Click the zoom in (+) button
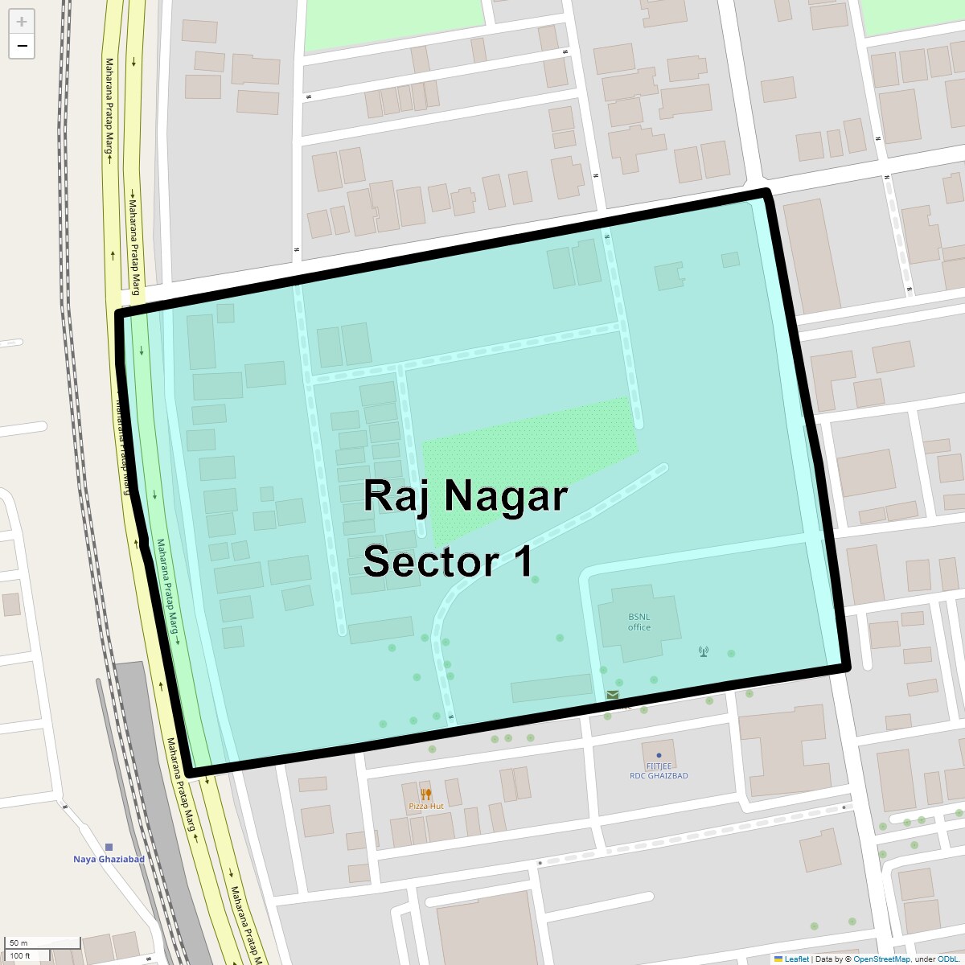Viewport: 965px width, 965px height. pyautogui.click(x=22, y=22)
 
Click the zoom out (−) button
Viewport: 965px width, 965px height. pyautogui.click(x=22, y=46)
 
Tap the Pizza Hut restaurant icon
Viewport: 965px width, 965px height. pyautogui.click(x=426, y=794)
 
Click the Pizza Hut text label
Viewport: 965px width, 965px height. pyautogui.click(x=426, y=806)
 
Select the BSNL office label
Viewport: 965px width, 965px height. pyautogui.click(x=639, y=622)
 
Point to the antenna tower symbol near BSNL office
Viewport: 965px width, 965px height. pyautogui.click(x=704, y=651)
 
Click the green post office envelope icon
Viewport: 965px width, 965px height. pyautogui.click(x=613, y=695)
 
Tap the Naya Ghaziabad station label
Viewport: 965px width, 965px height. pyautogui.click(x=109, y=859)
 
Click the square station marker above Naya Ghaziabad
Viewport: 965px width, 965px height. pyautogui.click(x=109, y=847)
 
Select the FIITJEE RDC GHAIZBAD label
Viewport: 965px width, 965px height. pyautogui.click(x=659, y=771)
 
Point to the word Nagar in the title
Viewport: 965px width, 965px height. pyautogui.click(x=506, y=496)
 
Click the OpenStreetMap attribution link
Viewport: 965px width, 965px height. pyautogui.click(x=881, y=959)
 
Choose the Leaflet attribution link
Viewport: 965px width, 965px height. pyautogui.click(x=796, y=959)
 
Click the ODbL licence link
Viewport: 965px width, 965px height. pyautogui.click(x=947, y=959)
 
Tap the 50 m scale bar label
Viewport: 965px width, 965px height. pyautogui.click(x=18, y=942)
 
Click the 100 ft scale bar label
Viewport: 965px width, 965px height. pyautogui.click(x=20, y=955)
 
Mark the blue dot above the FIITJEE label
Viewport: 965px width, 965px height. pyautogui.click(x=659, y=755)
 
